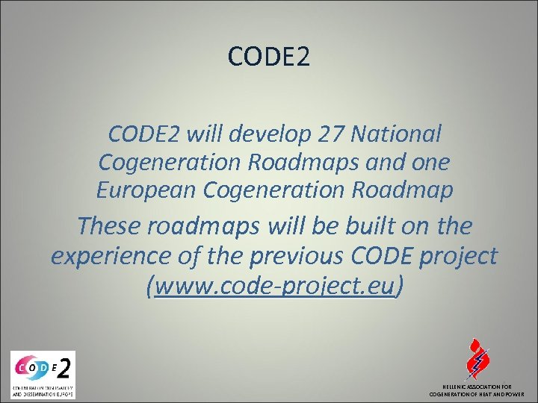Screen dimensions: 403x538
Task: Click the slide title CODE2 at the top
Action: pos(268,57)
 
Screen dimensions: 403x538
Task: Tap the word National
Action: pos(399,134)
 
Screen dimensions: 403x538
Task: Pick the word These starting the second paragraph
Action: pos(120,225)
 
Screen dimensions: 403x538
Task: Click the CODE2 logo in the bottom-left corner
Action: pos(43,373)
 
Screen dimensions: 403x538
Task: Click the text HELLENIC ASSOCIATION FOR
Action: pos(477,387)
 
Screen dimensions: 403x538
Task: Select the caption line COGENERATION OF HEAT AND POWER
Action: pos(477,394)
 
